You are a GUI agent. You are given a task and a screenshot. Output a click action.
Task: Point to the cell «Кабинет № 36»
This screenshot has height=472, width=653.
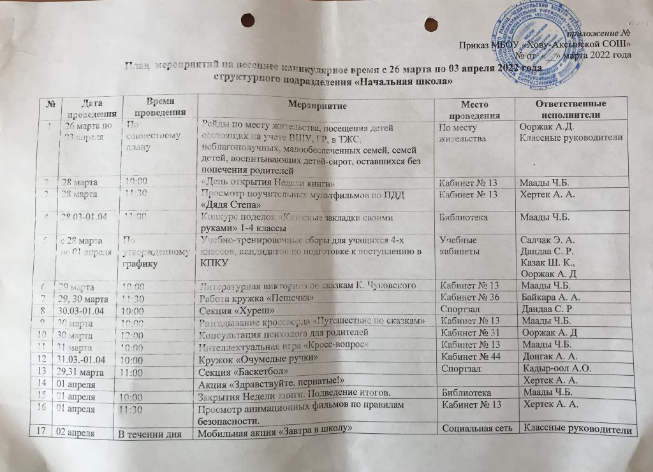click(x=469, y=298)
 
